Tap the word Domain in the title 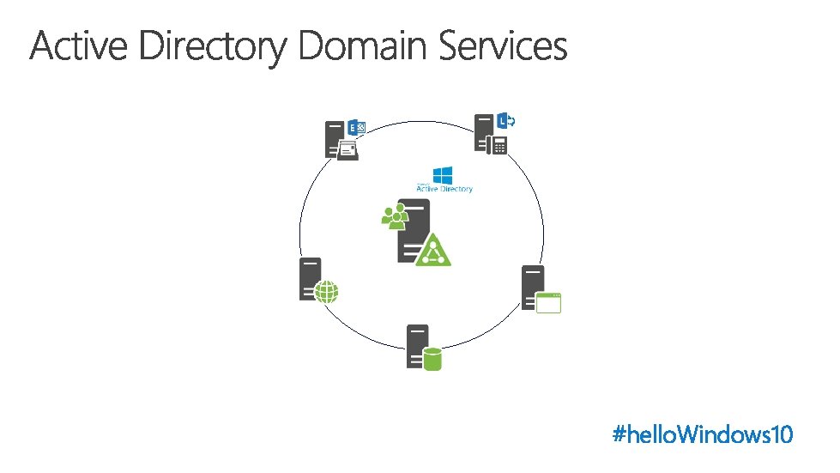point(364,46)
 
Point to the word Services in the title point(504,46)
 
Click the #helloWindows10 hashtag point(703,434)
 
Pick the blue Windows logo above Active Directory point(443,175)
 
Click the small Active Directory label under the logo point(444,188)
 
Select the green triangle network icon point(432,250)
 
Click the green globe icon point(327,292)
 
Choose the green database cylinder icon point(432,358)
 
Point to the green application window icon point(548,302)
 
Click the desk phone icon point(497,145)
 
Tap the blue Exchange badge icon point(356,128)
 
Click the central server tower point(413,230)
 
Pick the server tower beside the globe point(309,278)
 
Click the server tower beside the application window point(532,287)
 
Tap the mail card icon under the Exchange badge point(347,149)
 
